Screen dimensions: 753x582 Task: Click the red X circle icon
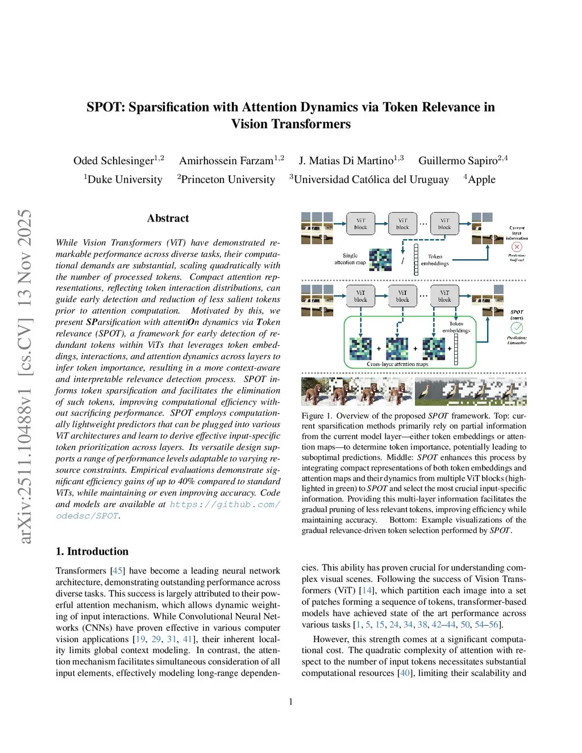tap(517, 247)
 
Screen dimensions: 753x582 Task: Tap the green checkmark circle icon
tap(517, 328)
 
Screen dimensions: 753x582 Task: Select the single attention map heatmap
tap(380, 260)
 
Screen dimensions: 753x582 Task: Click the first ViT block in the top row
tap(361, 223)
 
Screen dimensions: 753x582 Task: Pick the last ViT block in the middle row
tap(444, 296)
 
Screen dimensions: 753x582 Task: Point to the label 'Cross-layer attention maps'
tap(397, 364)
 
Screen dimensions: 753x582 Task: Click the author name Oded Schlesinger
tap(114, 161)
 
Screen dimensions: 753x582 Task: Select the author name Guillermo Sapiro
tap(458, 161)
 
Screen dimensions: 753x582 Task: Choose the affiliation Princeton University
tap(228, 180)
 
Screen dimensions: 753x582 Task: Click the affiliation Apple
tap(481, 180)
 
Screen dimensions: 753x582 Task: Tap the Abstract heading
tap(168, 218)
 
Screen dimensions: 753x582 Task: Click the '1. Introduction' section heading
tap(92, 551)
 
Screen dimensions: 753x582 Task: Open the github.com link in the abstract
tap(225, 504)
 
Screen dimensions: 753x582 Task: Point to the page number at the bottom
tap(291, 702)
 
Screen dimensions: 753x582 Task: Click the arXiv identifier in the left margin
tap(25, 375)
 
